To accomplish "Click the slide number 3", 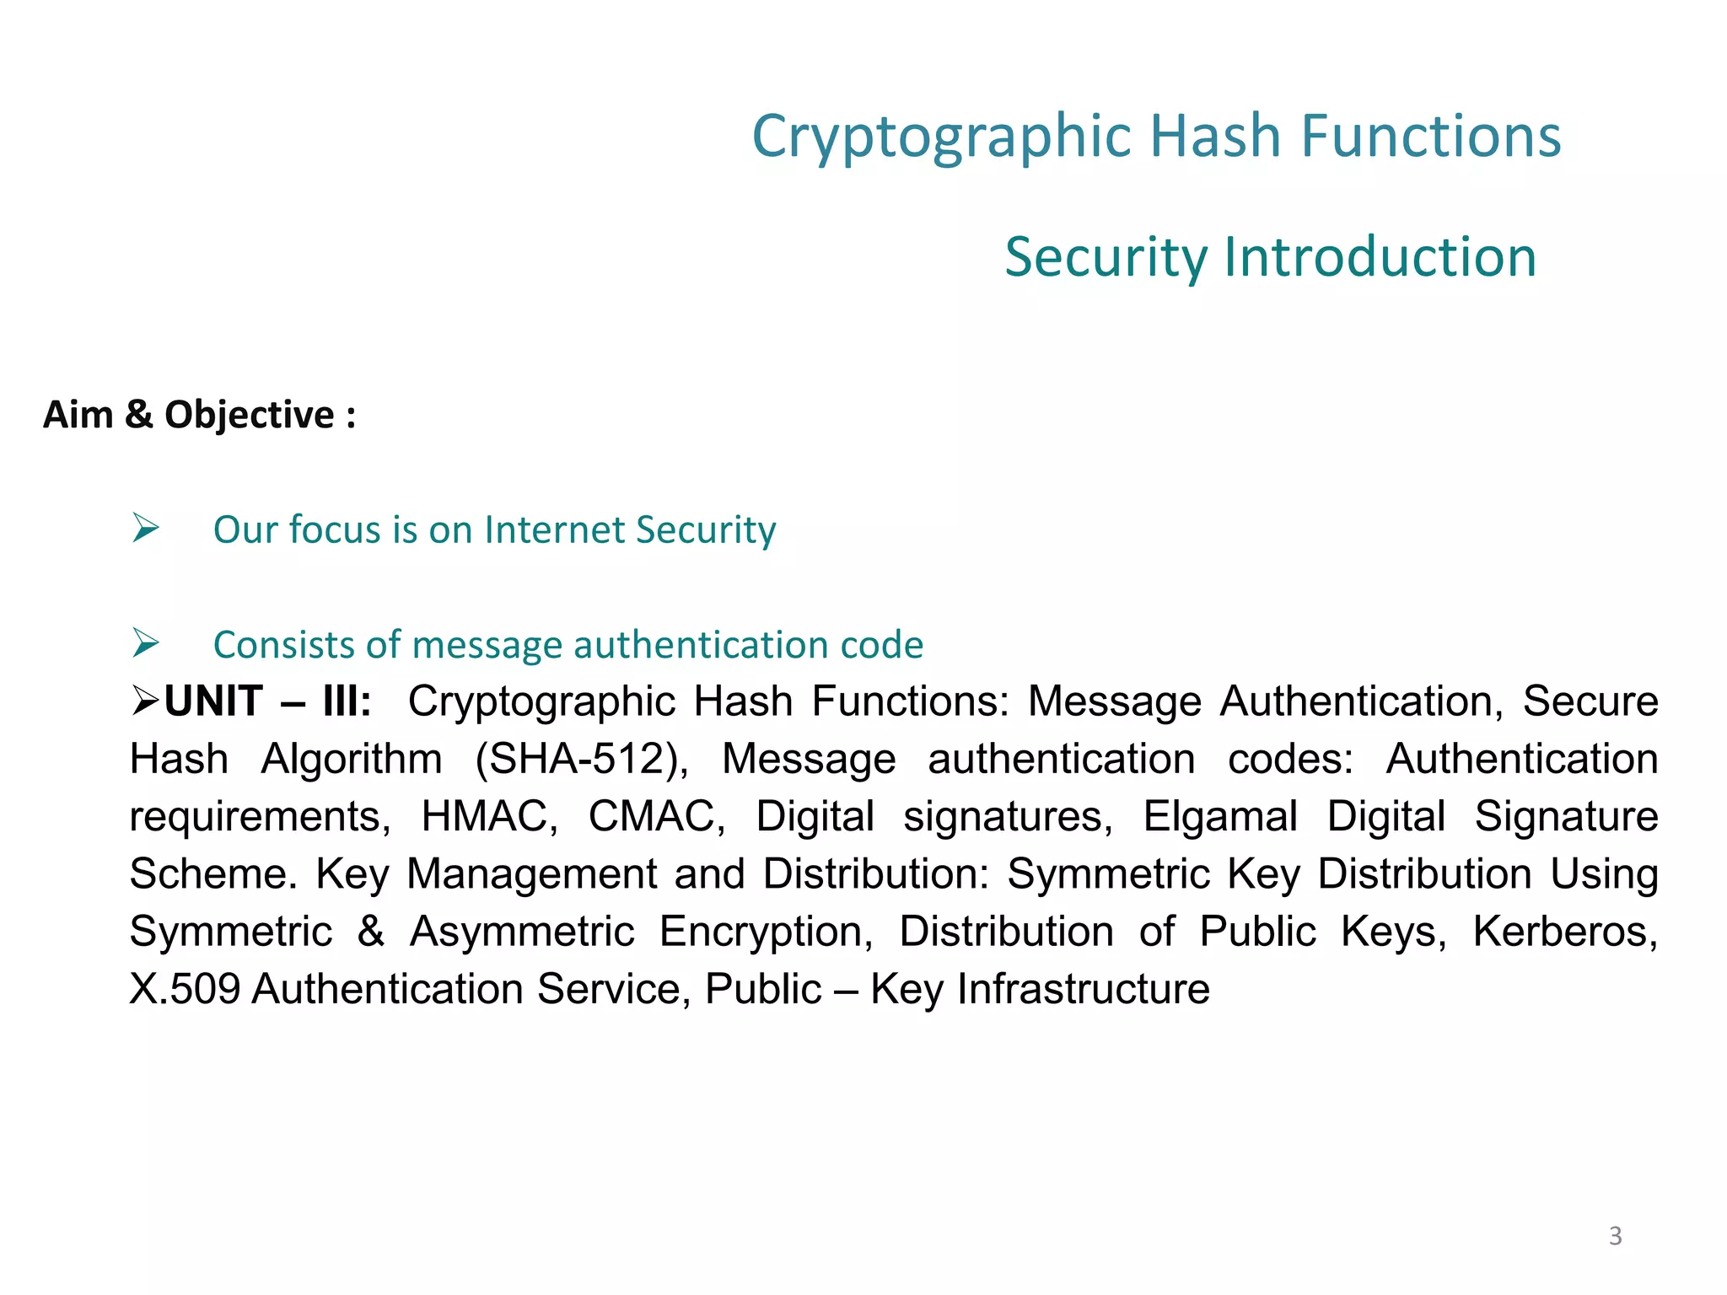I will [x=1615, y=1236].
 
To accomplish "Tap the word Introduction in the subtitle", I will [x=1380, y=257].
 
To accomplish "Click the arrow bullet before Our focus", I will [x=146, y=529].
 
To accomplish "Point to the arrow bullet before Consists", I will [x=146, y=644].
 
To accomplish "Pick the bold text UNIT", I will [x=213, y=701].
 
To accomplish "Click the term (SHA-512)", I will [x=582, y=759].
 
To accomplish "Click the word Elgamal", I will [x=1219, y=816].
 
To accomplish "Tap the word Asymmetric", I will [x=522, y=932].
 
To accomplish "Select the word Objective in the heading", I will [x=250, y=415].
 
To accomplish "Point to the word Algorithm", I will [x=352, y=759].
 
